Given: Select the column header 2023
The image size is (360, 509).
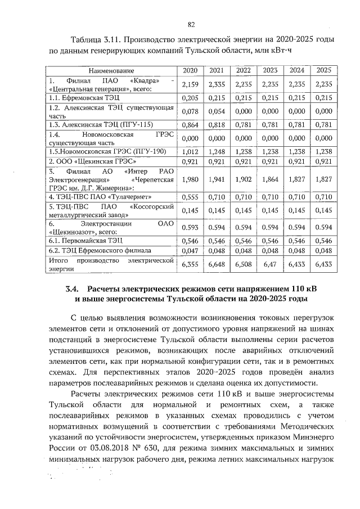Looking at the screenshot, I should coord(270,70).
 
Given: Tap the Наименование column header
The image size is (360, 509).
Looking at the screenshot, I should coord(111,70).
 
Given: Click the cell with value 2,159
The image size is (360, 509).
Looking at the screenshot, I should coord(188,84).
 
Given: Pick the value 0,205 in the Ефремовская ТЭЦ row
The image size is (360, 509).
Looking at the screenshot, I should coord(188,97).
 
